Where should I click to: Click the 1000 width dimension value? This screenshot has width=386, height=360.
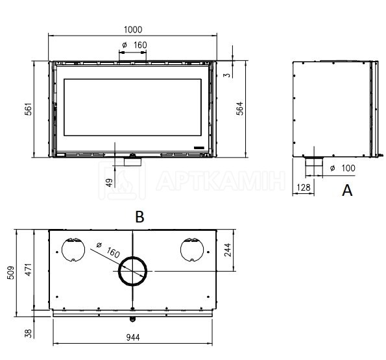(133, 30)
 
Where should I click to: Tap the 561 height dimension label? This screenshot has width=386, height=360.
(29, 109)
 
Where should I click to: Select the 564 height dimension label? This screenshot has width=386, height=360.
(239, 108)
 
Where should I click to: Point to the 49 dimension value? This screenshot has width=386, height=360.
(109, 182)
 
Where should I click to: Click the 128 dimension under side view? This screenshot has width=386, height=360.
(304, 187)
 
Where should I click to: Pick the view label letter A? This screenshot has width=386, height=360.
(347, 190)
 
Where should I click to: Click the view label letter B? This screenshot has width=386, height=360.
(139, 217)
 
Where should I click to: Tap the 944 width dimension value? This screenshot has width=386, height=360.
(133, 337)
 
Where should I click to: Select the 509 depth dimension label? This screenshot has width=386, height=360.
(11, 272)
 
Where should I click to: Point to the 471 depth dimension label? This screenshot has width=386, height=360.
(29, 269)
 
